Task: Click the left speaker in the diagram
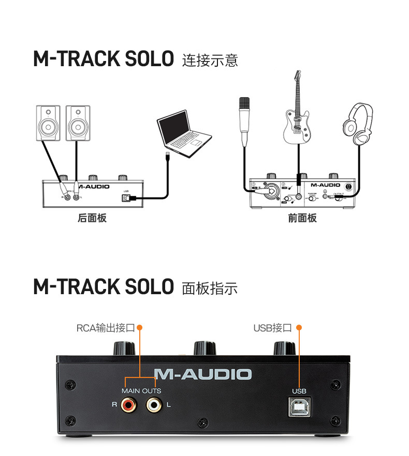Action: coord(48,123)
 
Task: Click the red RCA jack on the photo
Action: coord(127,404)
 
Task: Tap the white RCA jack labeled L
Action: coord(153,404)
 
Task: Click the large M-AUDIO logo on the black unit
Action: coord(202,374)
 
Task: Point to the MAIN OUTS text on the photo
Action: coord(141,391)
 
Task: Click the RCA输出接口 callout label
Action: coord(105,328)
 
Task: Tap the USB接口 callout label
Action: coord(273,328)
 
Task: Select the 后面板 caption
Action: coord(92,218)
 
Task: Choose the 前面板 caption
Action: coord(302,218)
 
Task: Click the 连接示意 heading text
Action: coord(210,60)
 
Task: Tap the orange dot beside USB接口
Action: coord(299,328)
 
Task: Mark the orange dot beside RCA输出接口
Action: coord(139,328)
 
